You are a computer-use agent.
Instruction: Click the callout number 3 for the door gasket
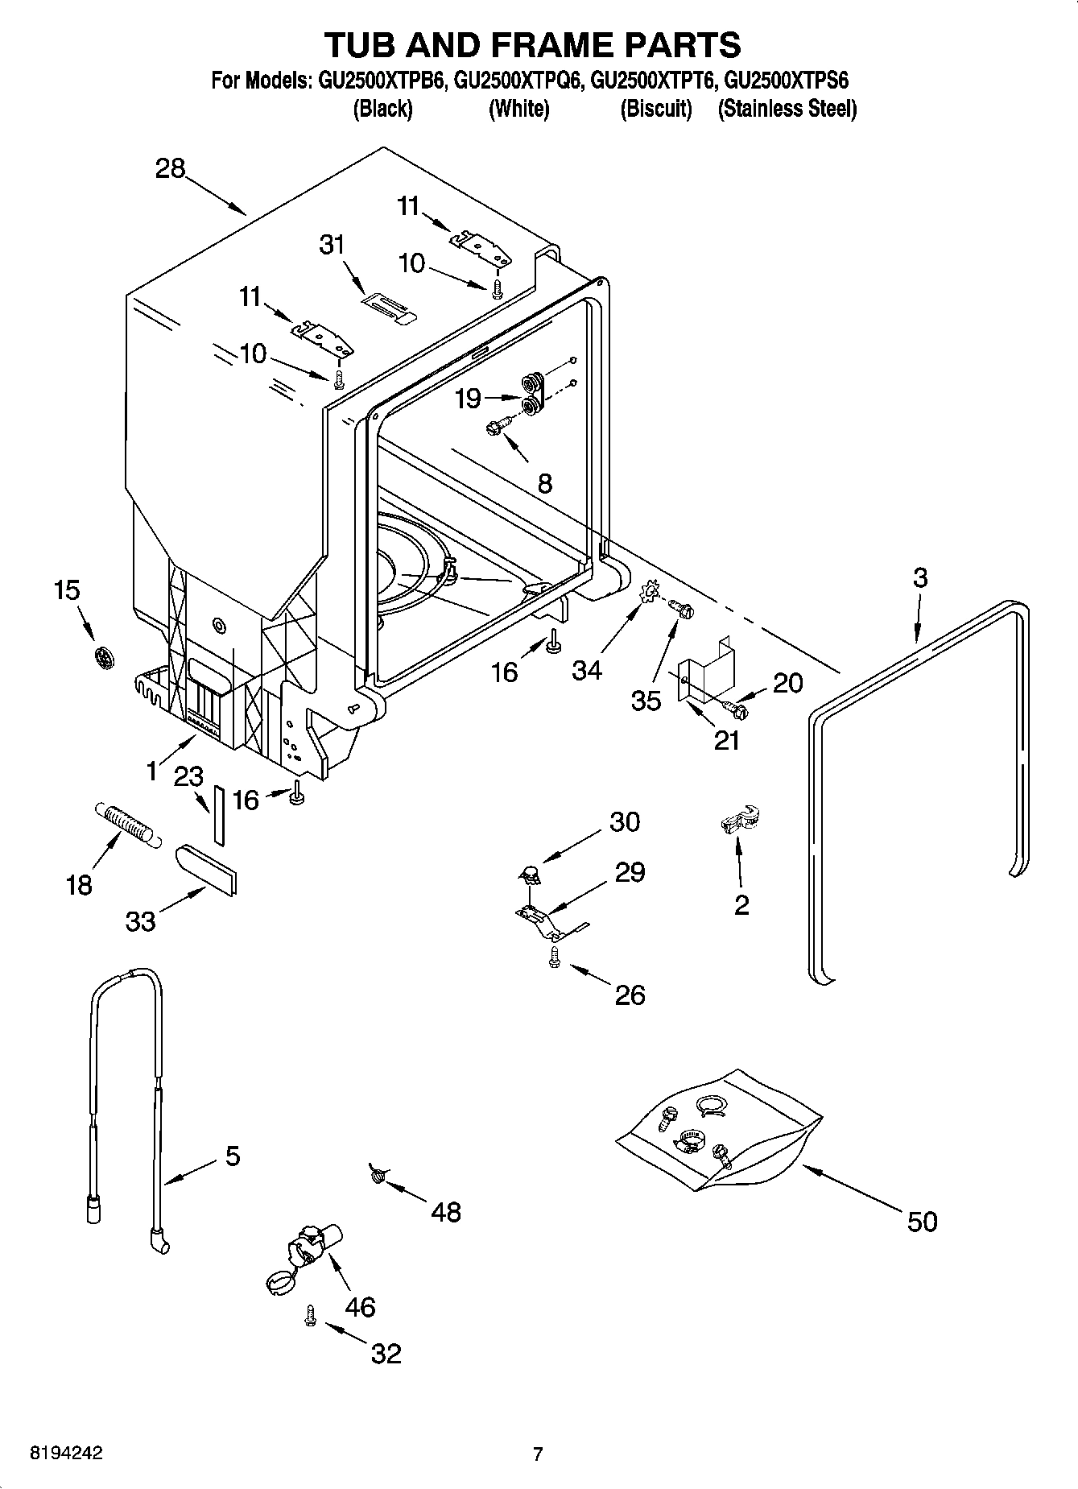tap(920, 577)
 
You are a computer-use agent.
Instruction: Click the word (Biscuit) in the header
tap(655, 109)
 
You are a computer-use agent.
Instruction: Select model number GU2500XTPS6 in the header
tap(786, 81)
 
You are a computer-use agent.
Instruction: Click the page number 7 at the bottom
tap(538, 1454)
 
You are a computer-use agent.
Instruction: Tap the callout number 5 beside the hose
tap(232, 1156)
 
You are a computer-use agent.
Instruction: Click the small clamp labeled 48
tap(377, 1175)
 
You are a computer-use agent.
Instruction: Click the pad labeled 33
tap(206, 869)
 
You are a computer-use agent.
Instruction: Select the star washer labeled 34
tap(649, 595)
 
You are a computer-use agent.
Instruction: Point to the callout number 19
tap(468, 399)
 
